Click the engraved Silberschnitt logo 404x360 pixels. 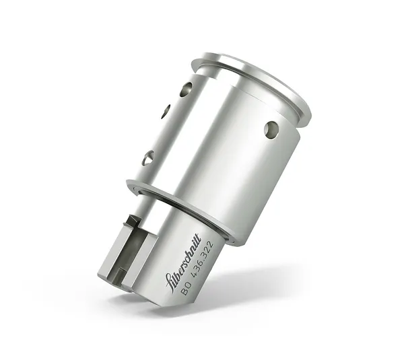tap(183, 262)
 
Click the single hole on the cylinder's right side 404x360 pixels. tap(271, 129)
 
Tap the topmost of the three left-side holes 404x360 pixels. tap(186, 89)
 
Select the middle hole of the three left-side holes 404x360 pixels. tap(166, 112)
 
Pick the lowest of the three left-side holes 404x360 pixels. tap(148, 157)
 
